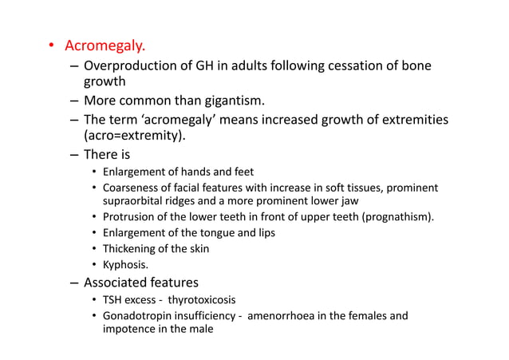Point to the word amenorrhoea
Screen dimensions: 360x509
click(285, 315)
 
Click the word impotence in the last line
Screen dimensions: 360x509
click(127, 329)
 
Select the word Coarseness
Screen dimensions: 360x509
click(130, 187)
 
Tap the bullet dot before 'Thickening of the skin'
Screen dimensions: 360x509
click(93, 248)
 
